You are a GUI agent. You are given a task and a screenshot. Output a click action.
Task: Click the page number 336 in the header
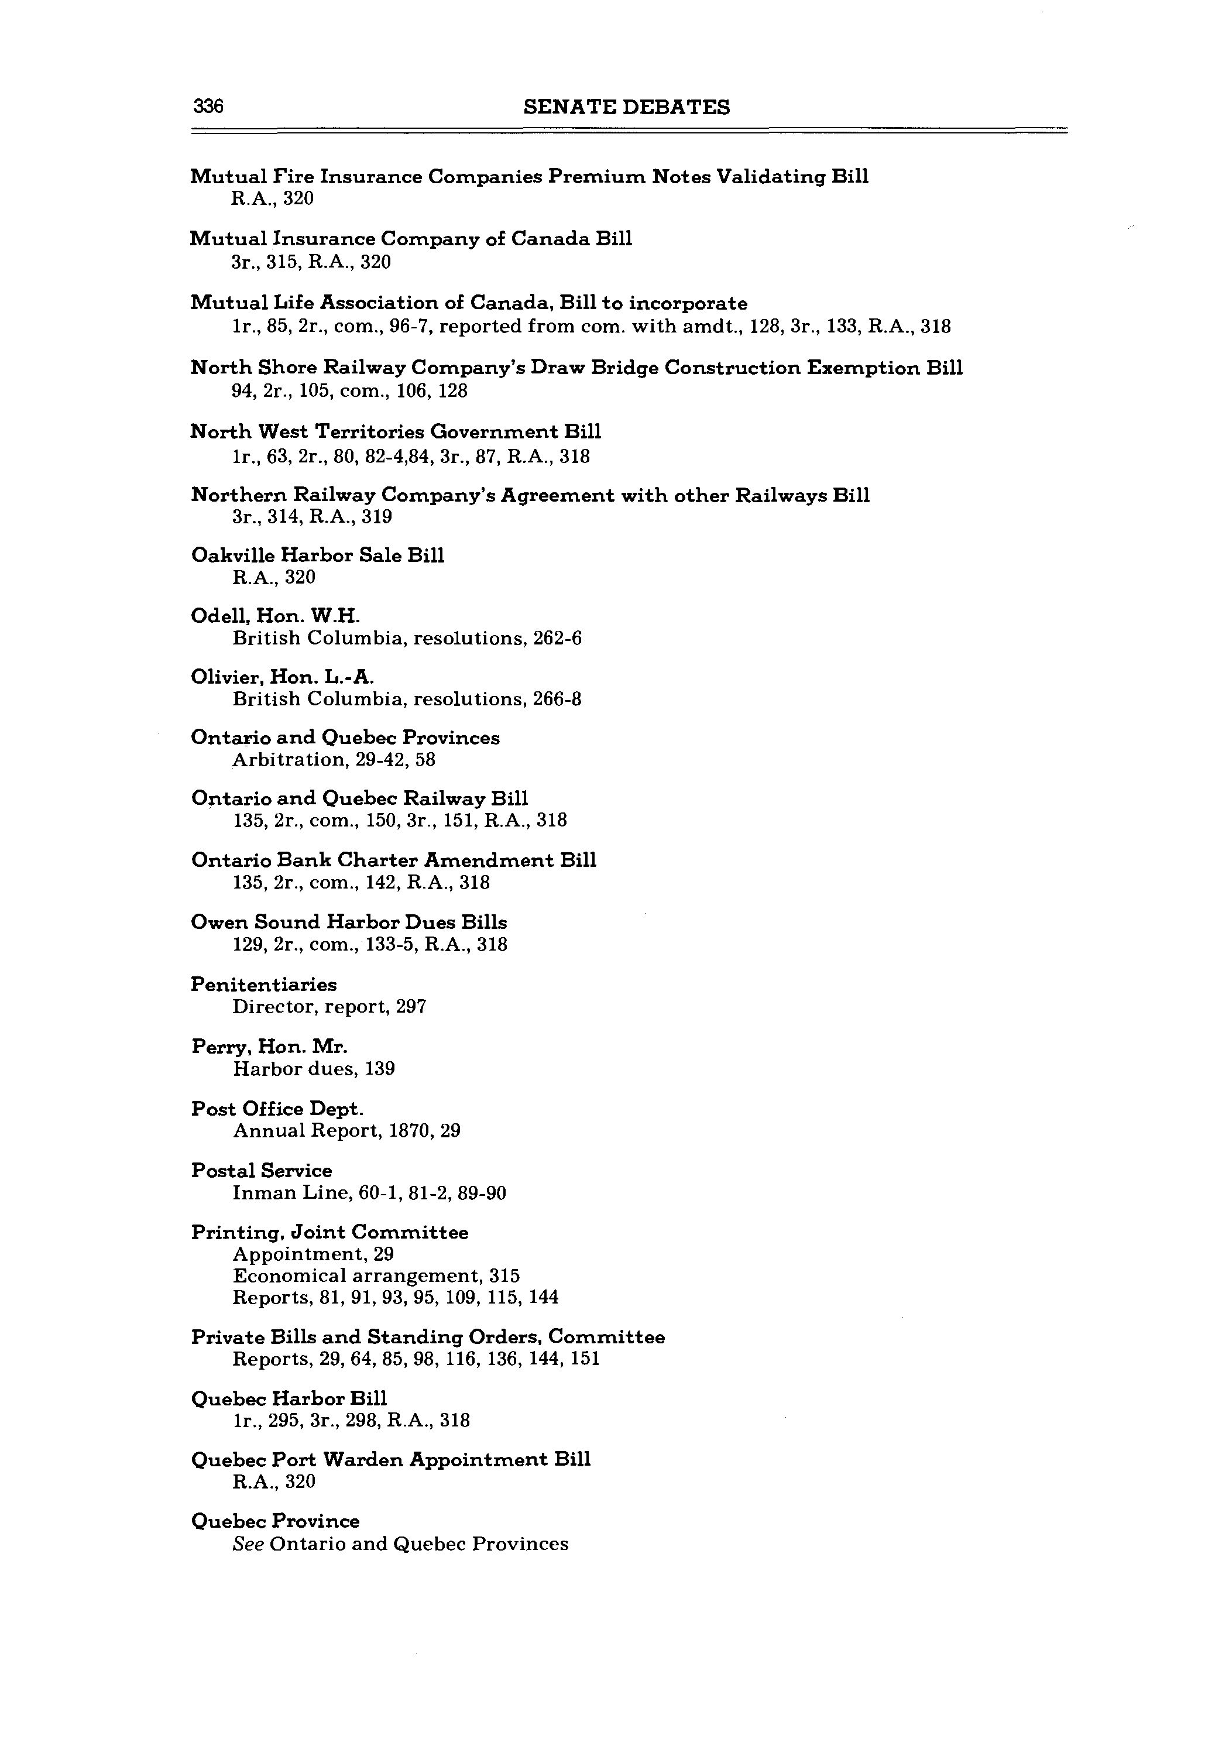click(207, 107)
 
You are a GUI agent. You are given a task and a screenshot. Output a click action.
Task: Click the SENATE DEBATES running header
click(626, 107)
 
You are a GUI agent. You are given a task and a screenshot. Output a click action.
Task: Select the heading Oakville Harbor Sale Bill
click(317, 555)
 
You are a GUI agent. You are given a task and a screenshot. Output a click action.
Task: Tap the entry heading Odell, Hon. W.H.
click(275, 616)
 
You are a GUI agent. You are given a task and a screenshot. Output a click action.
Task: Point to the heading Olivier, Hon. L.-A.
click(282, 677)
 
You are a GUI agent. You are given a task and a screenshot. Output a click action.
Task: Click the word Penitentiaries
click(264, 985)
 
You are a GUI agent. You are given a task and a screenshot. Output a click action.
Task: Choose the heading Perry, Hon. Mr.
click(269, 1046)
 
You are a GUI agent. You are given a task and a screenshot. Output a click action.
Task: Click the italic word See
click(249, 1544)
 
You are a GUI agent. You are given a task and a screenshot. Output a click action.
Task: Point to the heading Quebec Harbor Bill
click(289, 1399)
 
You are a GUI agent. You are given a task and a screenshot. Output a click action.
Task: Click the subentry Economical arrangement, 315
click(376, 1275)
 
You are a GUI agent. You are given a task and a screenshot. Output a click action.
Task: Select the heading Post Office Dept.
click(277, 1109)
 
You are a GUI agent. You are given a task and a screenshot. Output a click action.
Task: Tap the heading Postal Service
click(262, 1171)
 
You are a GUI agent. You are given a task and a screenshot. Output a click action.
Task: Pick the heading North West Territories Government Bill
click(396, 432)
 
